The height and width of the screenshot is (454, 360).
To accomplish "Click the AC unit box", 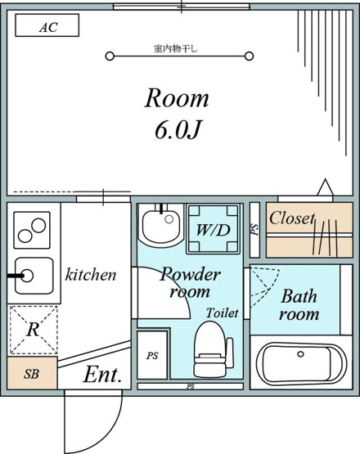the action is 47,25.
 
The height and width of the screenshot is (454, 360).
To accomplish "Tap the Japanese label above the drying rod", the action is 176,48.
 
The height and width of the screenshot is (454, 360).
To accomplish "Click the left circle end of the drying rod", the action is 110,56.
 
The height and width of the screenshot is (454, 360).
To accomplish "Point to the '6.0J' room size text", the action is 178,129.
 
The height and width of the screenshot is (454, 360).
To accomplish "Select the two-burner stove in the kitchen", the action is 32,230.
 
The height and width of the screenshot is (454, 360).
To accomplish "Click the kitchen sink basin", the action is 34,276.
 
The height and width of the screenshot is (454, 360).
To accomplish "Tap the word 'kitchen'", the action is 91,275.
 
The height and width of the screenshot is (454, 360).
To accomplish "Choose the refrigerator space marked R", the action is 34,330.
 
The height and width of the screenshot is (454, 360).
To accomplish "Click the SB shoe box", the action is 32,373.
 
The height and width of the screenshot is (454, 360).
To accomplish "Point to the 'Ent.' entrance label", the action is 102,375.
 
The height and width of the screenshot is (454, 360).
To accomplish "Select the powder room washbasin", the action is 161,225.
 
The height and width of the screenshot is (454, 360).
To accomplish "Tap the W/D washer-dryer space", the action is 214,229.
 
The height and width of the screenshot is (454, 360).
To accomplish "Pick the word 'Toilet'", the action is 223,312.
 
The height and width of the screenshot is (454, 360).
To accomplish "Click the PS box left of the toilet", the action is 152,355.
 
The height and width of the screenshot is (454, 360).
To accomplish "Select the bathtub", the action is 301,364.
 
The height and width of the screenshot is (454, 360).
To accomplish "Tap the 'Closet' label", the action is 292,218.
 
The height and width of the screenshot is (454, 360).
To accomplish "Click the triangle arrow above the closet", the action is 326,187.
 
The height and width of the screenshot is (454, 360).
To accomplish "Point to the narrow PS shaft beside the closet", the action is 254,230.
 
